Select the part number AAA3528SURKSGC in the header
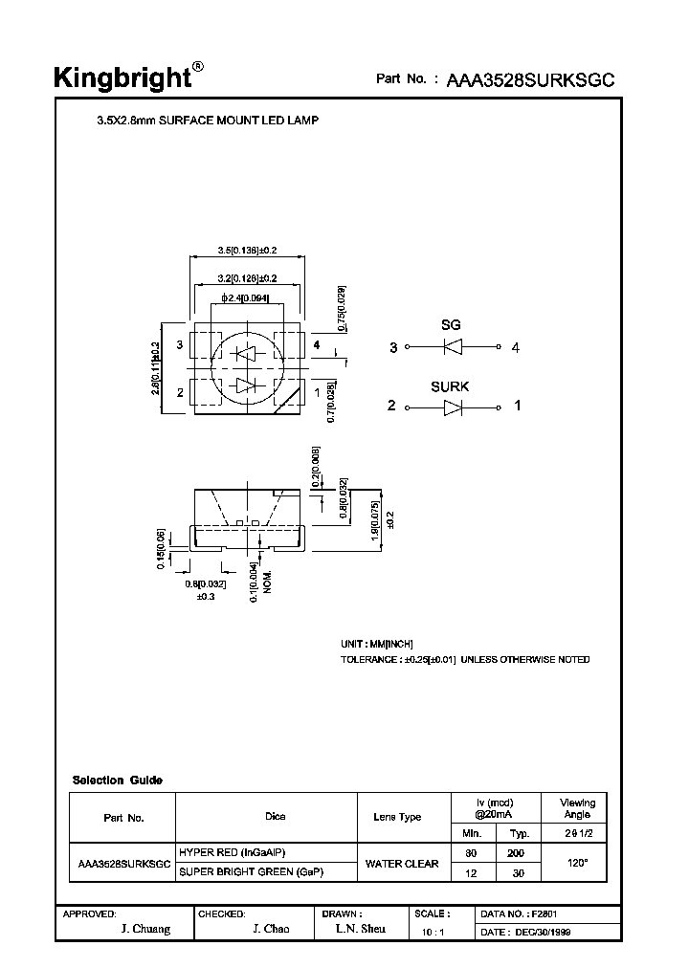click(529, 80)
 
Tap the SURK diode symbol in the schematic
click(454, 407)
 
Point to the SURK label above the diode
click(450, 386)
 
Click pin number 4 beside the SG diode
click(516, 348)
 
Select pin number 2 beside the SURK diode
click(391, 407)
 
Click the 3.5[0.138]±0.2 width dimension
click(247, 251)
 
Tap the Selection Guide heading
click(118, 781)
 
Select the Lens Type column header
click(397, 817)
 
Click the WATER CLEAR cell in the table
click(402, 864)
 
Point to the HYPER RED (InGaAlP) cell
click(233, 852)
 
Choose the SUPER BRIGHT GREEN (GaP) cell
click(252, 873)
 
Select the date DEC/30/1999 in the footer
click(543, 931)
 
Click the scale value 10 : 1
click(433, 932)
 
